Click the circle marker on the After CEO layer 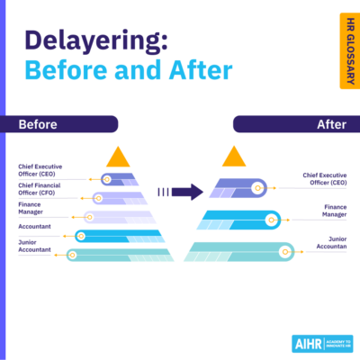[258, 188]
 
